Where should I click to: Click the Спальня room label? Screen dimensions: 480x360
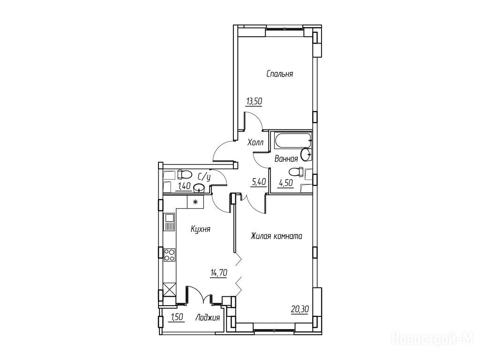(x=279, y=74)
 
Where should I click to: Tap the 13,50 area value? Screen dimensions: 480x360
(x=254, y=101)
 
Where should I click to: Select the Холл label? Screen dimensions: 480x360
(x=255, y=142)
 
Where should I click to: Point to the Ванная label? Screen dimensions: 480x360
(x=286, y=159)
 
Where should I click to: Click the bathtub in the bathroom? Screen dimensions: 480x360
(x=293, y=141)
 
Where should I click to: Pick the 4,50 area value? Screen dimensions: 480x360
(x=285, y=183)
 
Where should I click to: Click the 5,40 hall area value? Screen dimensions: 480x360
(x=259, y=182)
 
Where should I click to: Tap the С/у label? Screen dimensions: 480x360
(x=204, y=177)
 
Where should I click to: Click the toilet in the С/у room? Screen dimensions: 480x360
(x=184, y=174)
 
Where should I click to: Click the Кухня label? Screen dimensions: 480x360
(x=200, y=229)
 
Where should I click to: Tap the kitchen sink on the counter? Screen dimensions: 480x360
(x=169, y=222)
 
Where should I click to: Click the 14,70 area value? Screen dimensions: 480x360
(x=218, y=272)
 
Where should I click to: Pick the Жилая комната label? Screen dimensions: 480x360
(x=277, y=236)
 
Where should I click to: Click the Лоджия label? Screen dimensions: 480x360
(x=208, y=318)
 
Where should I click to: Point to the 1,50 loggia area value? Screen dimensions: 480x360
(x=176, y=317)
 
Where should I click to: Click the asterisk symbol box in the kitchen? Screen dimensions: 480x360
(x=195, y=202)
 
